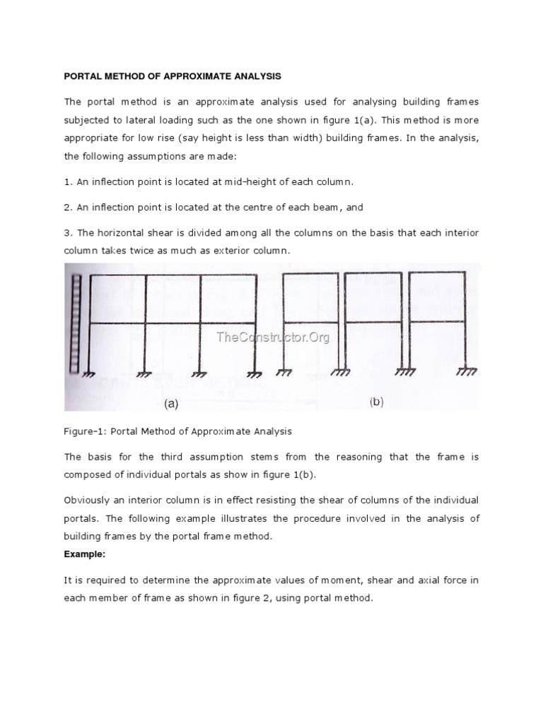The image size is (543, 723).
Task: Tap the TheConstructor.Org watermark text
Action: pos(273,337)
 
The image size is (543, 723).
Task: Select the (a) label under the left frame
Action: pos(171,404)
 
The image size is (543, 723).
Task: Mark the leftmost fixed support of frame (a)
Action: pos(88,373)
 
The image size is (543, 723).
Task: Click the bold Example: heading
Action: pos(84,554)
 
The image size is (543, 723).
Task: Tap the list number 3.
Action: pos(68,233)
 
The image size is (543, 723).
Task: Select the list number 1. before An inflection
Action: pos(68,181)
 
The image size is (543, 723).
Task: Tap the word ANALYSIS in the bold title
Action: pos(252,76)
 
